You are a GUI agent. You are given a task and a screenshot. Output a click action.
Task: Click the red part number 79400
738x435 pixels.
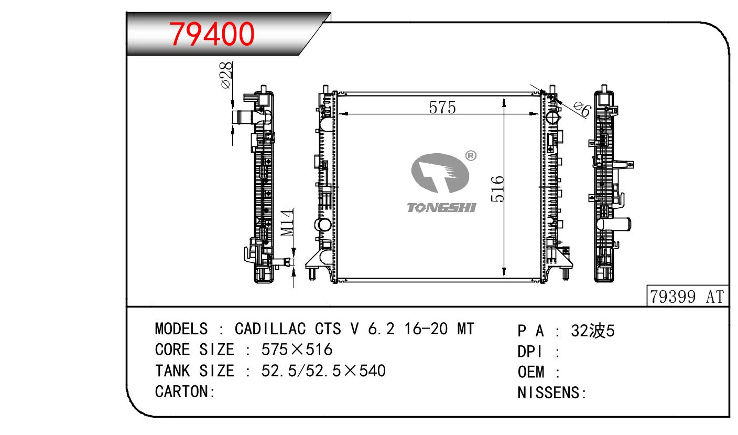[212, 34]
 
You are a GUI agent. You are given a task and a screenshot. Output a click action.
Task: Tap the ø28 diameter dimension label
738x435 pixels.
[226, 75]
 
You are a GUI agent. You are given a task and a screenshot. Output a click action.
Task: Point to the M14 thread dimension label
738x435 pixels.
[287, 222]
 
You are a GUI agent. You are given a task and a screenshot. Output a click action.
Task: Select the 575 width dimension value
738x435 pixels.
[442, 108]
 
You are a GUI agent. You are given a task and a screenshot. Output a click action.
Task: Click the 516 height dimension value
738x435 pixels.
[497, 189]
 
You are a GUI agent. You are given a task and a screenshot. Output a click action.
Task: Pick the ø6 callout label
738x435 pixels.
[582, 110]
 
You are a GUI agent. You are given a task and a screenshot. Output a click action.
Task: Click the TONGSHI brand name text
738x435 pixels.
[441, 207]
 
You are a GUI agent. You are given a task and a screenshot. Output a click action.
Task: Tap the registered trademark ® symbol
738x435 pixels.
[471, 156]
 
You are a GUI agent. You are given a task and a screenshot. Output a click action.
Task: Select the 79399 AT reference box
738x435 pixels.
[687, 296]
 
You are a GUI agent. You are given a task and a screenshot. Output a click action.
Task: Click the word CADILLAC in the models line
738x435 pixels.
[270, 329]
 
